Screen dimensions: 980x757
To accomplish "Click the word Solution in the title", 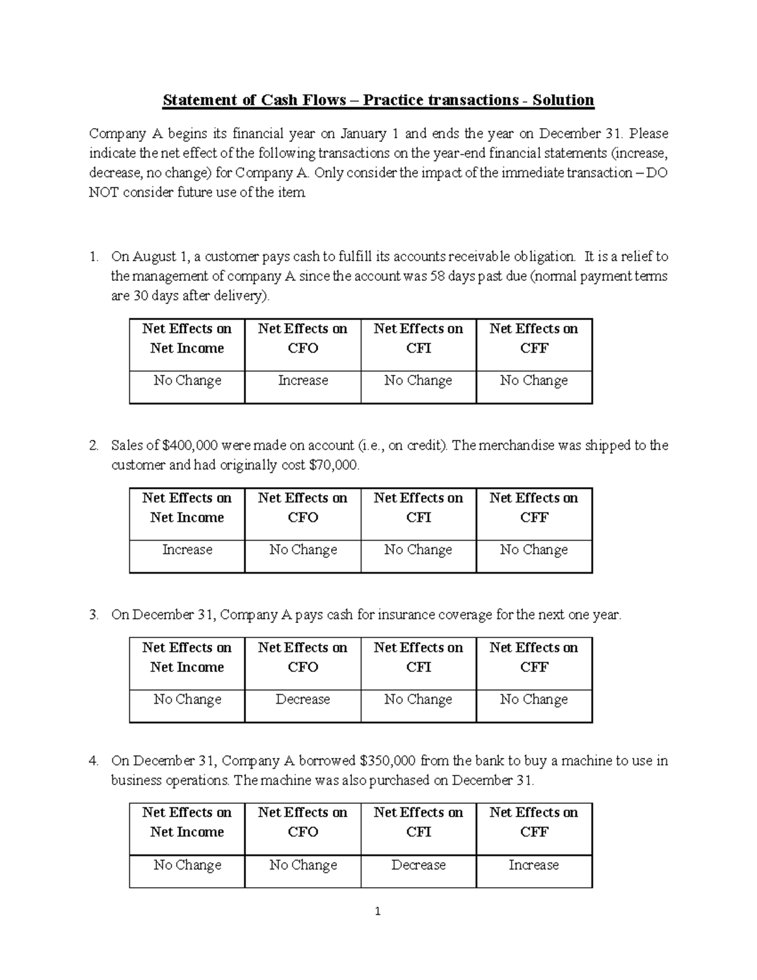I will tap(563, 100).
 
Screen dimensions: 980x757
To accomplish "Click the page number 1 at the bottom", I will tap(378, 911).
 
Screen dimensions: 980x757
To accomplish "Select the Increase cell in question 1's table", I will tap(303, 381).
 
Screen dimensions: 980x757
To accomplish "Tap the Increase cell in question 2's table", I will tap(187, 550).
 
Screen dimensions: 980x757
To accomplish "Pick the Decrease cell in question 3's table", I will tap(303, 699).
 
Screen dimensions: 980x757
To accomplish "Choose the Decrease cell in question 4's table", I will tap(418, 865).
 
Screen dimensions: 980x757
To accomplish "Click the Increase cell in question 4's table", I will tap(534, 865).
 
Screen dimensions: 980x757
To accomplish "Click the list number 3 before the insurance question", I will tap(93, 615).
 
